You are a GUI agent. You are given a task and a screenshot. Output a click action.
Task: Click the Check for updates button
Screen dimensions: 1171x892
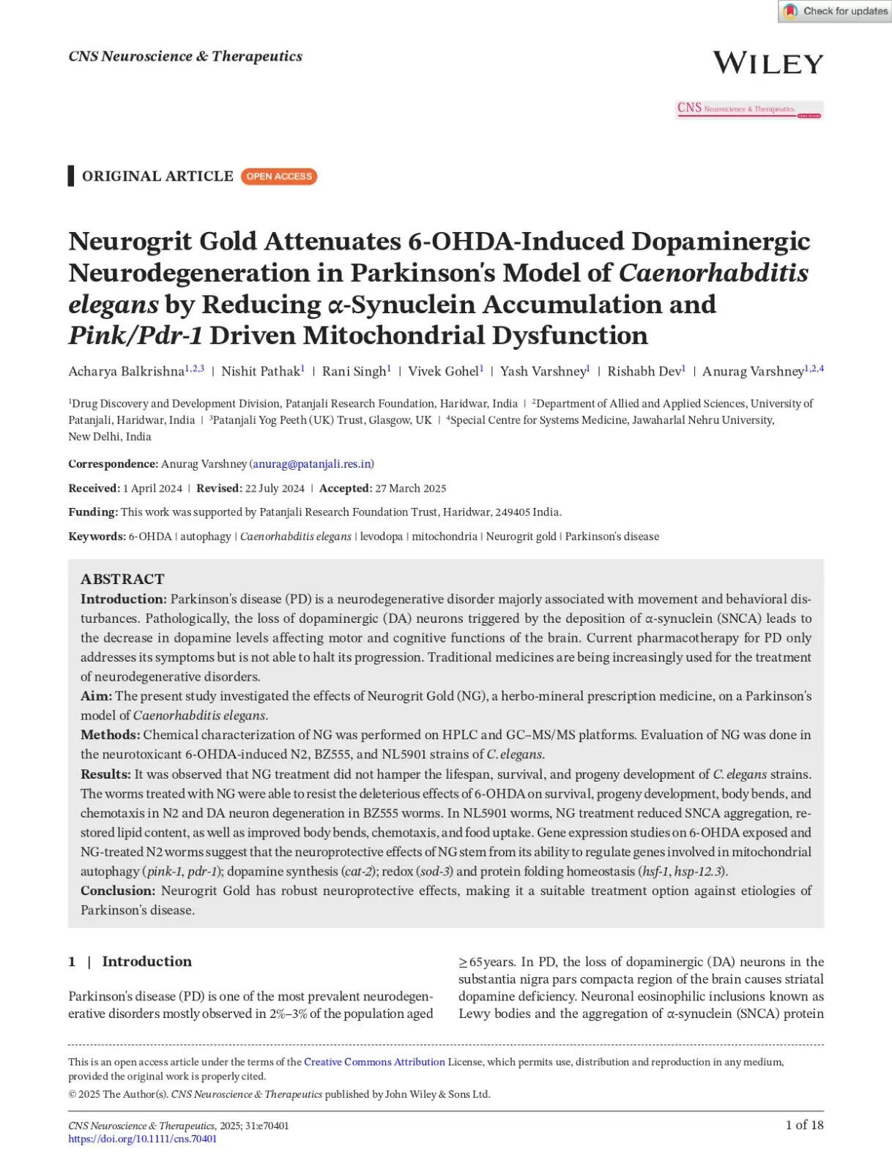pyautogui.click(x=835, y=11)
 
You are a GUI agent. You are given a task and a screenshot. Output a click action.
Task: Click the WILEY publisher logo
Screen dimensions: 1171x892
pyautogui.click(x=768, y=63)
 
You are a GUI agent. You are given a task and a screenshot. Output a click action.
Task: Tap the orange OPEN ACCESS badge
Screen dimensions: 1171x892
pyautogui.click(x=279, y=176)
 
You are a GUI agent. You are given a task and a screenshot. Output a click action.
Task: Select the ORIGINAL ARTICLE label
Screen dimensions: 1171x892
pyautogui.click(x=157, y=176)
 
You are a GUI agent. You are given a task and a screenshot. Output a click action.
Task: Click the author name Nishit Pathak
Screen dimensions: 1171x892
pyautogui.click(x=261, y=372)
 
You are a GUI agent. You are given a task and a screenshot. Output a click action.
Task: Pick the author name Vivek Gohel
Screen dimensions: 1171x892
pyautogui.click(x=443, y=372)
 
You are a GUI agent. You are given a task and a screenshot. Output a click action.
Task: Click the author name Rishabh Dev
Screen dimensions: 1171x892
pyautogui.click(x=644, y=372)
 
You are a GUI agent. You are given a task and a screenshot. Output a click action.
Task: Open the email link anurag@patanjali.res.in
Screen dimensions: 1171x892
pyautogui.click(x=312, y=464)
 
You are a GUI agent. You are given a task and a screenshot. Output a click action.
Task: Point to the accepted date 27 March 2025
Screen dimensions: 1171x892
pyautogui.click(x=410, y=488)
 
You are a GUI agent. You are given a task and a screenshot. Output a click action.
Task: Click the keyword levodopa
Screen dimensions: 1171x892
pyautogui.click(x=381, y=536)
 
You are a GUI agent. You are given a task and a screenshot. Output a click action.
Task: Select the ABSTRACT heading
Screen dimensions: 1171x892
pyautogui.click(x=122, y=579)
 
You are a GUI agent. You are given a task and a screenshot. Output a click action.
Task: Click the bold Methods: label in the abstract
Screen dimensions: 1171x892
pyautogui.click(x=110, y=735)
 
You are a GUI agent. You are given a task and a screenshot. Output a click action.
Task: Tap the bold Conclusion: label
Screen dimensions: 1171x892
pyautogui.click(x=117, y=891)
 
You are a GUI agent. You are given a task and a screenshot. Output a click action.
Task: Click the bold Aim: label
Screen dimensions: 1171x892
pyautogui.click(x=96, y=696)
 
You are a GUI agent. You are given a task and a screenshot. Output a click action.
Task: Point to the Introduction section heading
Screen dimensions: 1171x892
pyautogui.click(x=146, y=962)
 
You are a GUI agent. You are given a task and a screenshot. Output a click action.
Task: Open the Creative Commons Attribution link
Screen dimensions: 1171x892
pyautogui.click(x=374, y=1062)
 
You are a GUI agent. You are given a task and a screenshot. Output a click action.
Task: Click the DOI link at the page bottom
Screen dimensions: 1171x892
pyautogui.click(x=142, y=1139)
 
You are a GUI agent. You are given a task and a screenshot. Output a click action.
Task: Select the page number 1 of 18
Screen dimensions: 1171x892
pyautogui.click(x=804, y=1125)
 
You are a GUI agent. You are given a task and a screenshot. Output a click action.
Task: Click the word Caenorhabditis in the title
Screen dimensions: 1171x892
pyautogui.click(x=713, y=273)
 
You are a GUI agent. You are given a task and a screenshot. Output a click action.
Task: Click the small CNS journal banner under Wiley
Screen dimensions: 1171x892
pyautogui.click(x=749, y=110)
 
